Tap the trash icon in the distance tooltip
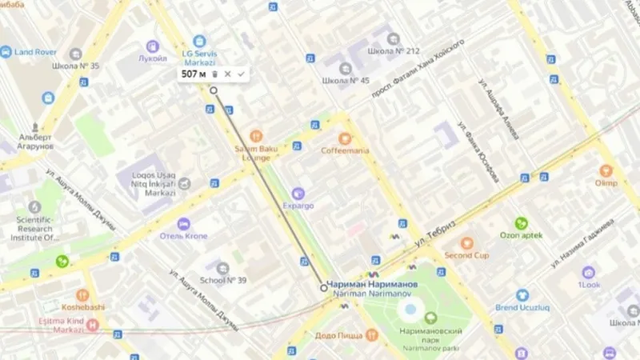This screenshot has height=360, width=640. (214, 74)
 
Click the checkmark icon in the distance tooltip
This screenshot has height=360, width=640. (241, 74)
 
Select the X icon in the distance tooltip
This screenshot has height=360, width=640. (227, 74)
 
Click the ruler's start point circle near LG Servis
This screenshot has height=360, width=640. (214, 90)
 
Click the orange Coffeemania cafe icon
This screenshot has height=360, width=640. (345, 138)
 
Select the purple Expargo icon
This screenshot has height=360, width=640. (298, 193)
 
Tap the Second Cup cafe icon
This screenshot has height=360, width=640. (466, 242)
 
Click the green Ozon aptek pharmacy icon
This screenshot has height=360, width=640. (521, 222)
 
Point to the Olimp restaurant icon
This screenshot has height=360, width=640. (606, 170)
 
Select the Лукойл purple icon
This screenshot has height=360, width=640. (152, 46)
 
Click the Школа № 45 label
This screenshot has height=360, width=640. (346, 81)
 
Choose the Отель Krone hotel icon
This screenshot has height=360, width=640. (184, 224)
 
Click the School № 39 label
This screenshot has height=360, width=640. (223, 280)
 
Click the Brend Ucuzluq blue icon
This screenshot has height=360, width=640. (522, 295)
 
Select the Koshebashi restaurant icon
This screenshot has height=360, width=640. (82, 295)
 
